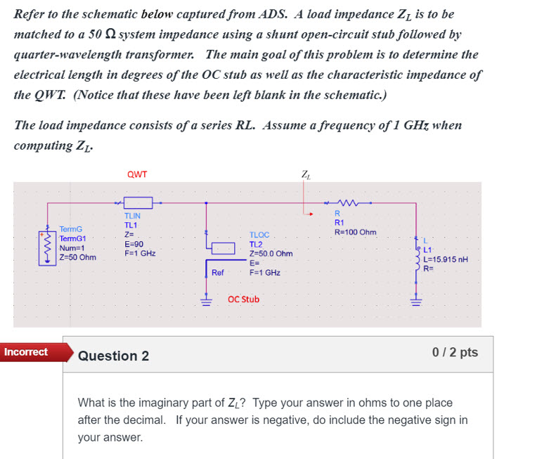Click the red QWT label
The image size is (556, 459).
[x=137, y=174]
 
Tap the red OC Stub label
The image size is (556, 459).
[x=243, y=299]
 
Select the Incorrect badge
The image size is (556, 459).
[x=26, y=351]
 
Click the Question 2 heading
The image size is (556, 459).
[x=113, y=356]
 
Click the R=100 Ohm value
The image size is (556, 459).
[x=355, y=232]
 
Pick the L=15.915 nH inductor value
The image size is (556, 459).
[x=445, y=259]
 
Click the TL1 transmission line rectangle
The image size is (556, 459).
[x=138, y=202]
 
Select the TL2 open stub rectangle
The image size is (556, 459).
[x=224, y=247]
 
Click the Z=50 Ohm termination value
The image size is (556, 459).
[x=77, y=257]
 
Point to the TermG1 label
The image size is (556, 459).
[x=72, y=238]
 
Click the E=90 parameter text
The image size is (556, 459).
[x=134, y=243]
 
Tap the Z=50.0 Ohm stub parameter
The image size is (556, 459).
[x=271, y=253]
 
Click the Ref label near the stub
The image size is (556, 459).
[x=217, y=272]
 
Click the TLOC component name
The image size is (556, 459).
[x=259, y=235]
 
